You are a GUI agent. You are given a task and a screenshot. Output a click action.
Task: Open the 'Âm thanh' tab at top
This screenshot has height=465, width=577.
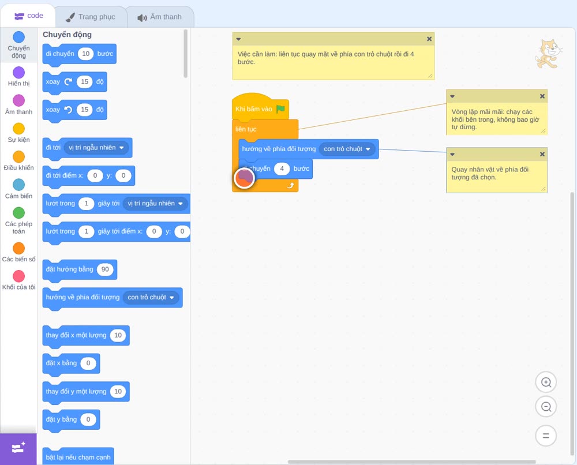160,17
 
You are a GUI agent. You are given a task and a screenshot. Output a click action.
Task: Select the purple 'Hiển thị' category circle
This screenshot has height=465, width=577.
19,73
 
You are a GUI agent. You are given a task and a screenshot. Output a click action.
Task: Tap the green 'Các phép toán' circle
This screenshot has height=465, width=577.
19,213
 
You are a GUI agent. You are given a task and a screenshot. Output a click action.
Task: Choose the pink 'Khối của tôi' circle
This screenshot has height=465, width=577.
19,276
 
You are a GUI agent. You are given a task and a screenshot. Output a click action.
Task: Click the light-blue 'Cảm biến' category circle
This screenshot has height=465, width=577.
19,185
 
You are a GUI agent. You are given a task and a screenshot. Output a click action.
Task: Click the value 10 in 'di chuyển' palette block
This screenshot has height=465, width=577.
86,54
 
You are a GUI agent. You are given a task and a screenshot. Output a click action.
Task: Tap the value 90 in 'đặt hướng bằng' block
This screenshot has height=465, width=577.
105,269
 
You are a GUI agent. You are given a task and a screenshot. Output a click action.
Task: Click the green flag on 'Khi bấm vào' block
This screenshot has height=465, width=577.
281,109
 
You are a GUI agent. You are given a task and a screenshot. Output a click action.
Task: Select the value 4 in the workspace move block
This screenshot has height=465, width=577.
282,168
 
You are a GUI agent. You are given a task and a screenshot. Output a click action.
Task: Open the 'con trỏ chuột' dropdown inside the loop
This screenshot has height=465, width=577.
347,149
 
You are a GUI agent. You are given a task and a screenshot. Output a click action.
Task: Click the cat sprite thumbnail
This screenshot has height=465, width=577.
549,54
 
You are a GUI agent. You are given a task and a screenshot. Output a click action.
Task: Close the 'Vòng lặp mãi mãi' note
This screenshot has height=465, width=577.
542,96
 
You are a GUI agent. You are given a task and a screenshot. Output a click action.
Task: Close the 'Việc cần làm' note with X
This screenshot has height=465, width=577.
429,39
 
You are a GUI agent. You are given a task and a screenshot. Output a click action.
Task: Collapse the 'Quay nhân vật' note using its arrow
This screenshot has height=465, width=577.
452,155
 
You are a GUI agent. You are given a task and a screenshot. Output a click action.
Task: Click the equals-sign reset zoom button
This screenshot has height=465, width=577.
546,436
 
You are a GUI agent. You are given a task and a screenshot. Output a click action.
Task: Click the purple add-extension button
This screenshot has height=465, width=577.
18,449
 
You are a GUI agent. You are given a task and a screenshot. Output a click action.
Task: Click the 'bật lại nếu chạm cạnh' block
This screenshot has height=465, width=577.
78,456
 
